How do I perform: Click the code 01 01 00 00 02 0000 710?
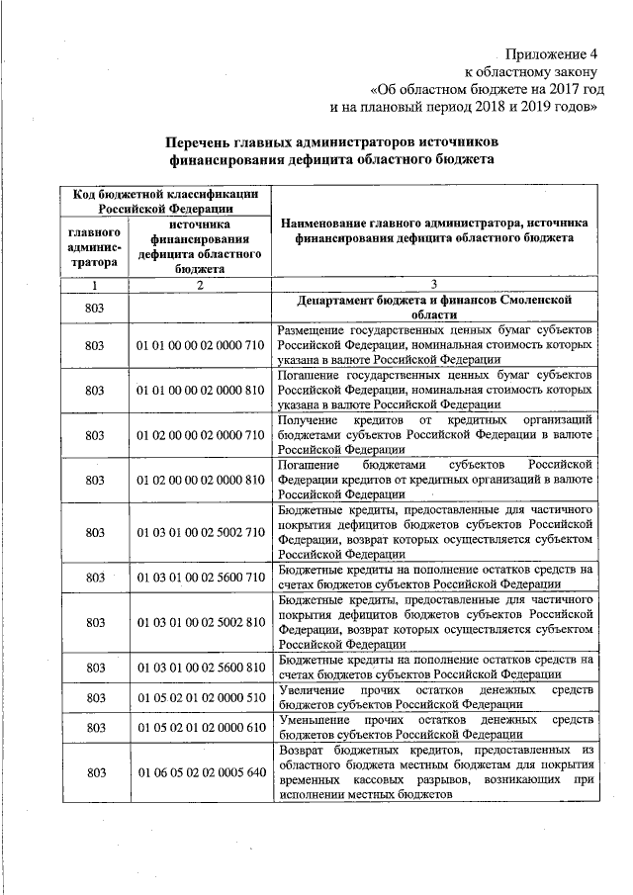201,345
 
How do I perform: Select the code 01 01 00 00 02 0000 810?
201,390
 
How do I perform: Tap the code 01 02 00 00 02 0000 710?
201,434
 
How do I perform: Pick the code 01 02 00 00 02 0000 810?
201,480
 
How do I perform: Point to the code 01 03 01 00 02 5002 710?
201,532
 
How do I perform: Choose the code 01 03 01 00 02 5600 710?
201,577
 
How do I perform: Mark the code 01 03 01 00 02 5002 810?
201,622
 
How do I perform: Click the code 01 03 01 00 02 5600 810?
201,667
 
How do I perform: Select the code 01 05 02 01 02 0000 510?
201,697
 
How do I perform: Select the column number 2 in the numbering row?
200,285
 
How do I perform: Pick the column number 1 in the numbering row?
95,285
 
